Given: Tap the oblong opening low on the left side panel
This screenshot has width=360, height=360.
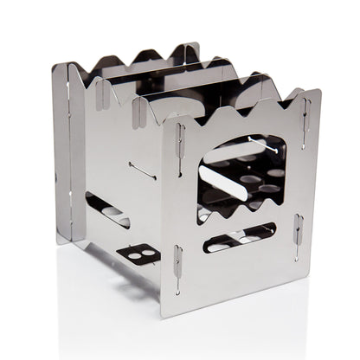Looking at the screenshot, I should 107,211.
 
